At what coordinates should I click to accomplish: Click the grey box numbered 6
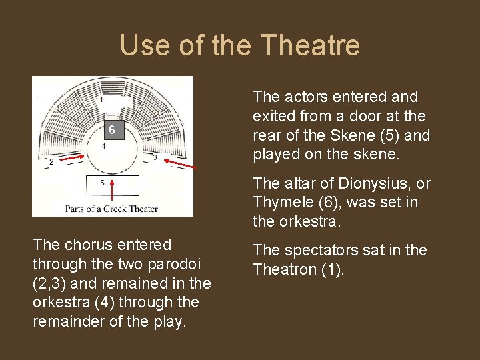111,131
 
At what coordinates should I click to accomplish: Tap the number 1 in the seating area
101,100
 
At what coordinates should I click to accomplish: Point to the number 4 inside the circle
103,146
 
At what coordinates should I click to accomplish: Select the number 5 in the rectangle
102,182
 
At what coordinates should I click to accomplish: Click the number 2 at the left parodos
51,161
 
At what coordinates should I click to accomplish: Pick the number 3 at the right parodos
155,157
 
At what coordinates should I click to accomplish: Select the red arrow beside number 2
73,157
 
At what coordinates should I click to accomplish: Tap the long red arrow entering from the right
181,163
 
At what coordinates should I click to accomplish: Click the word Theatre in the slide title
311,45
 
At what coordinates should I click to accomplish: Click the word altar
300,183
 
